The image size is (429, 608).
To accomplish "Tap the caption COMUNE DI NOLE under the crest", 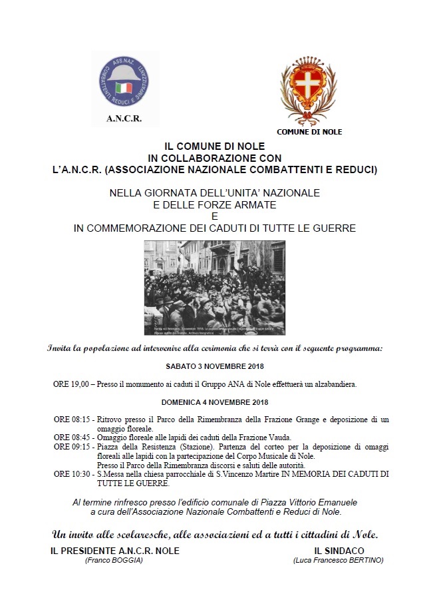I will click(x=309, y=132).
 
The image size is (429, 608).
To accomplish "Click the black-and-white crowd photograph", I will click(x=214, y=288).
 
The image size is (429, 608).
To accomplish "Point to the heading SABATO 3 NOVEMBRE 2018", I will click(x=215, y=367).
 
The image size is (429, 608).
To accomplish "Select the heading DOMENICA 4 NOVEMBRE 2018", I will click(x=214, y=402).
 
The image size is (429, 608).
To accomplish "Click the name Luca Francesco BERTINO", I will click(x=338, y=561).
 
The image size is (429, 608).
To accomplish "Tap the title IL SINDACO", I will click(x=338, y=551).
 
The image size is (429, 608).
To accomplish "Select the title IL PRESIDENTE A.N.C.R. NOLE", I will click(x=115, y=551).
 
